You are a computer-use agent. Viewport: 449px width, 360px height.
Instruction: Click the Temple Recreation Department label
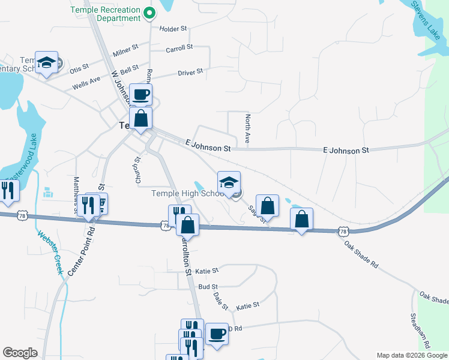[x=106, y=14]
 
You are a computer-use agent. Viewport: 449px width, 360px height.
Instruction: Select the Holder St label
[x=173, y=28]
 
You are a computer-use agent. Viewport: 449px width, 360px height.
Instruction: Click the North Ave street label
[x=247, y=129]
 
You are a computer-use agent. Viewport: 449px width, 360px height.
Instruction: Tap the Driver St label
[x=190, y=73]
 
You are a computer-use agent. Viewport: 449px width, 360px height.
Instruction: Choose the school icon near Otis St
[x=46, y=62]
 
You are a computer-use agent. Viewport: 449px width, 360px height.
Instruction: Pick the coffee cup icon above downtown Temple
[x=140, y=94]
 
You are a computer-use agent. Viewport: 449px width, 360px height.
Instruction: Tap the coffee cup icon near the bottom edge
[x=217, y=334]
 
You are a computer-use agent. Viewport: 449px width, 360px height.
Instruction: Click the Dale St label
[x=221, y=301]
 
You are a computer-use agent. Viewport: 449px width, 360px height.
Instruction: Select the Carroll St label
[x=179, y=47]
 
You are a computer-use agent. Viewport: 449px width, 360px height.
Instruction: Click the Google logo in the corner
[x=20, y=353]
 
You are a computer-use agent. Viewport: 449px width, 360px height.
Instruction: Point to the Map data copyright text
[x=411, y=355]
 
